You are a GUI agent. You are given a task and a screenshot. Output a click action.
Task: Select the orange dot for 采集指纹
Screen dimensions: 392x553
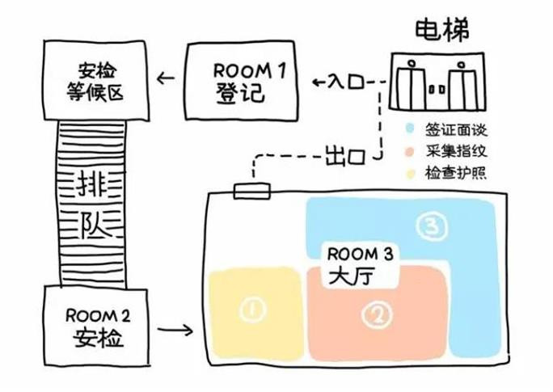tap(410, 151)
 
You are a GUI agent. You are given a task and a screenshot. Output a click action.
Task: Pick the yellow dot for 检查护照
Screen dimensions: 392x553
tap(410, 172)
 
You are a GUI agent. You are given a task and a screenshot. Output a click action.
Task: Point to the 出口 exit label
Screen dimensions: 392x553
tap(342, 152)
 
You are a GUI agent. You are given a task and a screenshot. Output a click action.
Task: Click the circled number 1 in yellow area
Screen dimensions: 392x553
tap(252, 307)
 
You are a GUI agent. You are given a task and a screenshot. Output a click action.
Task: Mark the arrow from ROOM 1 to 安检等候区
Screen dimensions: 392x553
tap(167, 78)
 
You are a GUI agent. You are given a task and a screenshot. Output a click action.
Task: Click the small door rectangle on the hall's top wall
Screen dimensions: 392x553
tap(251, 191)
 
